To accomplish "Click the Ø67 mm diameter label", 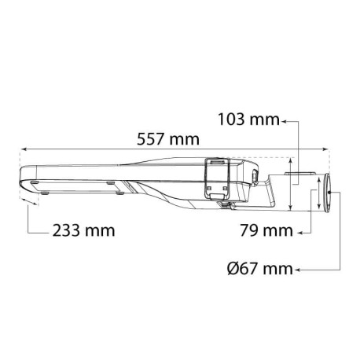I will pyautogui.click(x=252, y=269).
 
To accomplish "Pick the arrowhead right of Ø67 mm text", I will pyautogui.click(x=297, y=269).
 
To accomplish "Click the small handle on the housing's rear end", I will pyautogui.click(x=255, y=175).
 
